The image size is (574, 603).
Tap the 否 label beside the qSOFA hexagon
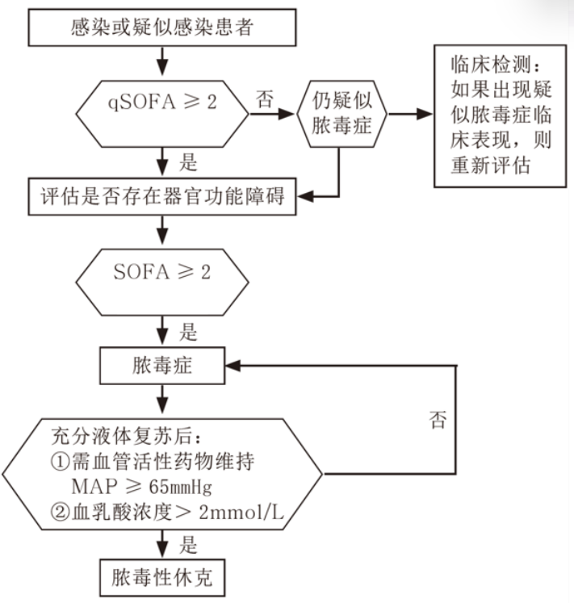pos(264,99)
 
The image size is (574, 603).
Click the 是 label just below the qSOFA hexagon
pos(188,162)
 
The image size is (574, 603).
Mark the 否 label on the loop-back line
pos(437,420)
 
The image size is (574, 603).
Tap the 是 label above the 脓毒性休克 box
pos(188,546)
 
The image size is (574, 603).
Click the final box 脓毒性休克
pos(165,578)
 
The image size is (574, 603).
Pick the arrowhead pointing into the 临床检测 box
pos(425,113)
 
